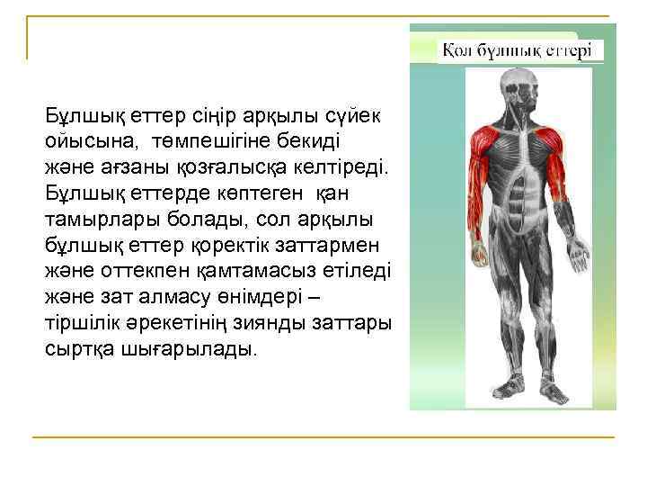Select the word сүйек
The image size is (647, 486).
coord(355,117)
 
